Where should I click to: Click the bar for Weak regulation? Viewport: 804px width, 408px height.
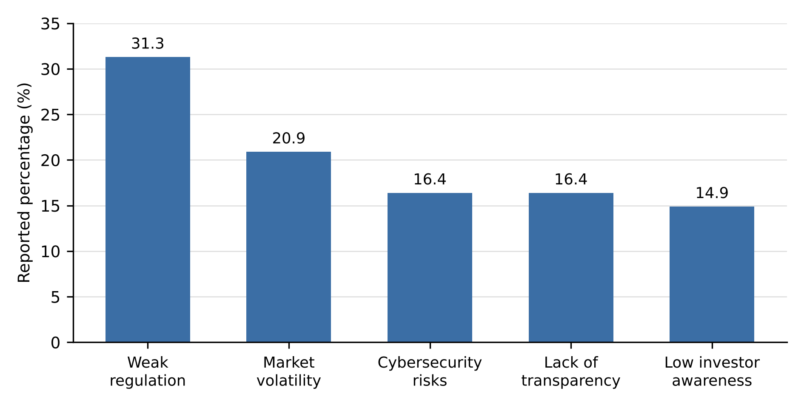coord(148,199)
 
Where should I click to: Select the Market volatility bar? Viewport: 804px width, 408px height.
coord(288,247)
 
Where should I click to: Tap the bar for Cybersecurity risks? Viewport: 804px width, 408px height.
coord(430,267)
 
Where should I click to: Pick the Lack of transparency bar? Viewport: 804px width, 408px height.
coord(571,267)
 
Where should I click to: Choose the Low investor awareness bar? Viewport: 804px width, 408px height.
coord(712,274)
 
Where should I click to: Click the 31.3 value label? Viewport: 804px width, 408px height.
coord(148,44)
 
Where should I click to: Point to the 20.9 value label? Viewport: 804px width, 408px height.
coord(289,139)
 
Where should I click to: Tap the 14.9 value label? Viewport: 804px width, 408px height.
coord(712,193)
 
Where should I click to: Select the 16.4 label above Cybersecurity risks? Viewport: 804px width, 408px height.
coord(430,180)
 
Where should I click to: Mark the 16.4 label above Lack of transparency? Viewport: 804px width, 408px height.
coord(571,180)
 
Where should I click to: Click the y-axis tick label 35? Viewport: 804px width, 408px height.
coord(50,24)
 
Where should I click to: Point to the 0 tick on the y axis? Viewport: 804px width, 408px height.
coord(55,343)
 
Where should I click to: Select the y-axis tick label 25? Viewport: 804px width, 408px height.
coord(50,115)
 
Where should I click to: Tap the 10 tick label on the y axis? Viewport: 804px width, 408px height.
coord(50,252)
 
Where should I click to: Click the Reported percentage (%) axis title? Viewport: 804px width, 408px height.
coord(24,183)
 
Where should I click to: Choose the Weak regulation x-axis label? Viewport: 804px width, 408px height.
coord(148,371)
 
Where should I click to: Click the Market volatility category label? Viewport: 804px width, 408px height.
coord(289,371)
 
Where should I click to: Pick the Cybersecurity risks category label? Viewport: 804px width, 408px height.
coord(430,371)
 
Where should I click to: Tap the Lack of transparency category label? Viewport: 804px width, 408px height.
coord(571,371)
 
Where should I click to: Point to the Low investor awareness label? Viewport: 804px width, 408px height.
coord(712,371)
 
